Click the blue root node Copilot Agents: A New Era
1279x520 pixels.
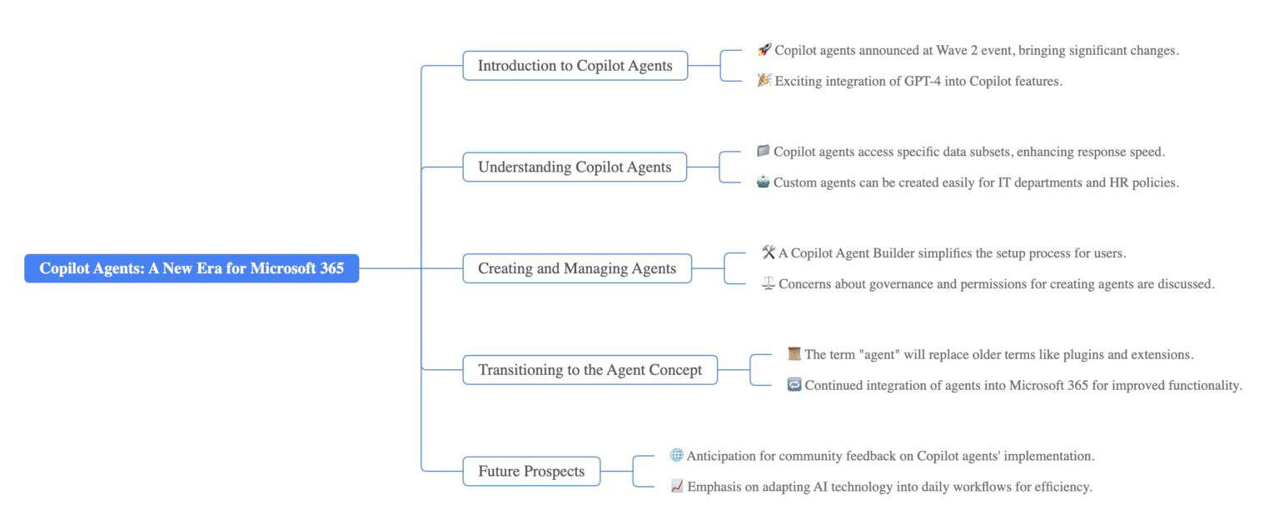pyautogui.click(x=192, y=268)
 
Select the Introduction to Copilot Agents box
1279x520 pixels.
pyautogui.click(x=575, y=66)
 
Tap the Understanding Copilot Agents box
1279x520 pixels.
pyautogui.click(x=575, y=167)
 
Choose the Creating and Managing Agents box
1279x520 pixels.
pyautogui.click(x=576, y=268)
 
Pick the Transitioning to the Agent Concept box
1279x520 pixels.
pyautogui.click(x=590, y=370)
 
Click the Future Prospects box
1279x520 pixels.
pyautogui.click(x=531, y=472)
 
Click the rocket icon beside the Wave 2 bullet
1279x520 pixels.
pyautogui.click(x=764, y=50)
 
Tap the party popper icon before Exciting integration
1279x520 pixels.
pyautogui.click(x=764, y=81)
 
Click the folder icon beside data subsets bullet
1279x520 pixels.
pyautogui.click(x=763, y=152)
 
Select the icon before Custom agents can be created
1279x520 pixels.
pyautogui.click(x=763, y=182)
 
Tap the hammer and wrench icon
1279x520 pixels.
pyautogui.click(x=768, y=252)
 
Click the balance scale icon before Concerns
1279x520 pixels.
pyautogui.click(x=768, y=284)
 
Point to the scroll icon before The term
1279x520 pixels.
pyautogui.click(x=794, y=354)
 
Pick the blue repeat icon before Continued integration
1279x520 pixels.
pyautogui.click(x=794, y=385)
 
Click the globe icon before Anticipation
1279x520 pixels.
pyautogui.click(x=676, y=456)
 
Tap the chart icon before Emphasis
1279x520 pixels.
pyautogui.click(x=676, y=487)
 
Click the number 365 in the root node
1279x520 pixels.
pyautogui.click(x=331, y=268)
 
